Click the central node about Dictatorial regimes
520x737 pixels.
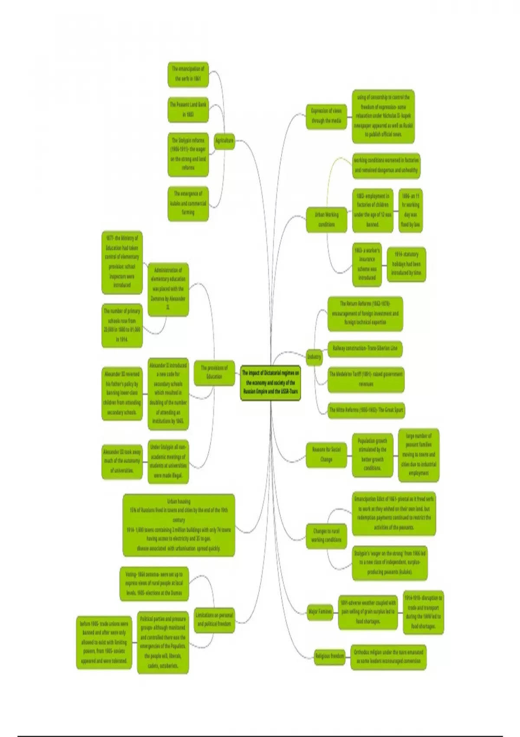pyautogui.click(x=270, y=383)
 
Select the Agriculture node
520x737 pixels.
pyautogui.click(x=224, y=140)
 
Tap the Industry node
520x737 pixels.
pyautogui.click(x=314, y=357)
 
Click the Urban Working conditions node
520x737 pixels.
pyautogui.click(x=326, y=219)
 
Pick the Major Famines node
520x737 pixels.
pyautogui.click(x=320, y=612)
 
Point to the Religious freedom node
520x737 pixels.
pyautogui.click(x=329, y=656)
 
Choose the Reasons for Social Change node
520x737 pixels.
pyautogui.click(x=326, y=454)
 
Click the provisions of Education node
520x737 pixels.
pyautogui.click(x=214, y=372)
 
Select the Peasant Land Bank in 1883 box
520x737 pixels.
pyautogui.click(x=188, y=110)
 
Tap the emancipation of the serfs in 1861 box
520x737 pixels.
pyautogui.click(x=188, y=74)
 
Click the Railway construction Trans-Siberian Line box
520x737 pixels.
pyautogui.click(x=365, y=348)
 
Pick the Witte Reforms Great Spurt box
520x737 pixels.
pyautogui.click(x=366, y=410)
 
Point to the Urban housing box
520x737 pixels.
pyautogui.click(x=179, y=525)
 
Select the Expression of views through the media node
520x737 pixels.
pyautogui.click(x=326, y=116)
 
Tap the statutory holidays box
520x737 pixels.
pyautogui.click(x=406, y=264)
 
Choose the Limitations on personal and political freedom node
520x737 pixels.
pyautogui.click(x=214, y=620)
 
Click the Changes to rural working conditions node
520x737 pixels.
pyautogui.click(x=326, y=535)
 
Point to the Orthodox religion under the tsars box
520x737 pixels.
pyautogui.click(x=388, y=656)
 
